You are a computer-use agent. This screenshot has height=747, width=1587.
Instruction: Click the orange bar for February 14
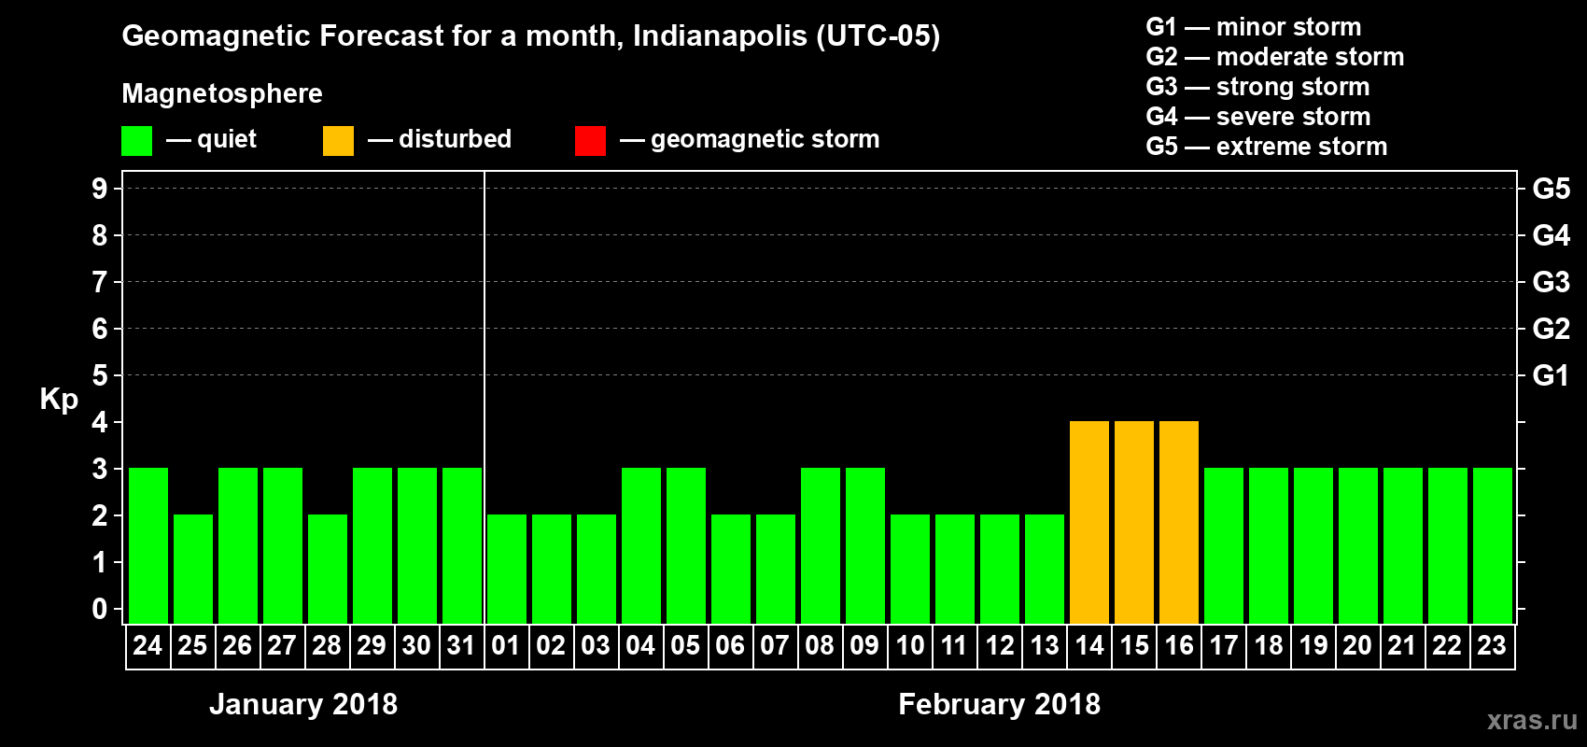pos(1089,522)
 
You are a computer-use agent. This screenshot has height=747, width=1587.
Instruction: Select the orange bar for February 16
pos(1179,522)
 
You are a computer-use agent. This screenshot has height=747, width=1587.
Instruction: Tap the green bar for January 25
pos(193,569)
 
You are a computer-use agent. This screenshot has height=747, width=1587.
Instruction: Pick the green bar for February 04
pos(641,545)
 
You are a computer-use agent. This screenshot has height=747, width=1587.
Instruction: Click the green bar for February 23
pos(1493,545)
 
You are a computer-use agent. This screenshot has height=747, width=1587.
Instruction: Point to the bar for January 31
pos(462,545)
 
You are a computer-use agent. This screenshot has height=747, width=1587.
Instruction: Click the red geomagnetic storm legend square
pos(590,141)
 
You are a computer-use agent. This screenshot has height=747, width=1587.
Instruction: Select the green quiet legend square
pos(137,141)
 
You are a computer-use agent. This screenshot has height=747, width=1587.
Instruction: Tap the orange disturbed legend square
pos(338,141)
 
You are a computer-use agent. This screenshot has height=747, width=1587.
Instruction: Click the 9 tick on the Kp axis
pos(100,189)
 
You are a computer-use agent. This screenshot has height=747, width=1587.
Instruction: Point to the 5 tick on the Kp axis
pos(100,375)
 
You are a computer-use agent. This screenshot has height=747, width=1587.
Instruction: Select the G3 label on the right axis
pos(1551,282)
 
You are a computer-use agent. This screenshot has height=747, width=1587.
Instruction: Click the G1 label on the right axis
pos(1551,375)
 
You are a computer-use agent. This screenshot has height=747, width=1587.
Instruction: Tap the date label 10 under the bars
pos(910,645)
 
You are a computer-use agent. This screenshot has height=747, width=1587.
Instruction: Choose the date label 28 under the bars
pos(327,645)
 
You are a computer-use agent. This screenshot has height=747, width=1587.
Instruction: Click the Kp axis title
pos(59,400)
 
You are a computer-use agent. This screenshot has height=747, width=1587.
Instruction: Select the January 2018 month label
pos(303,704)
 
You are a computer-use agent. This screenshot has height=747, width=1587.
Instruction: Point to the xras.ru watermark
pos(1532,720)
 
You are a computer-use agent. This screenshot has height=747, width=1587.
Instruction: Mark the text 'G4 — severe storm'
pos(1258,117)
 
